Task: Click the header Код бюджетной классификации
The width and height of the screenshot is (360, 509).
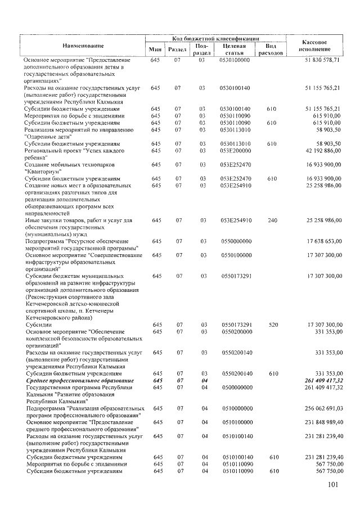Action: [215, 37]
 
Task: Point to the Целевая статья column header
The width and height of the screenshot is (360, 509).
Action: [236, 49]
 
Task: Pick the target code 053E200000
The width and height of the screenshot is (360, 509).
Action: [235, 151]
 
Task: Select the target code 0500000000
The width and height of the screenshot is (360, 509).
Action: [236, 387]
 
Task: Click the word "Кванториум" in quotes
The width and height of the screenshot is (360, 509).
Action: [45, 172]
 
